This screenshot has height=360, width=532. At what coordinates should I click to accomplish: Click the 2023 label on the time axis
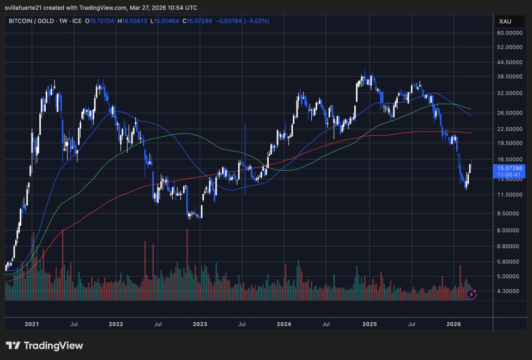200,324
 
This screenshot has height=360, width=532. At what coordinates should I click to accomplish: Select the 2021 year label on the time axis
32,324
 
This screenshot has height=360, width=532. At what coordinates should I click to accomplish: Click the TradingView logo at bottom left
44,346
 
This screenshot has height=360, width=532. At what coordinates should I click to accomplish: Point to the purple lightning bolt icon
471,295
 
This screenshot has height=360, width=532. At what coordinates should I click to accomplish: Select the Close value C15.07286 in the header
199,21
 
